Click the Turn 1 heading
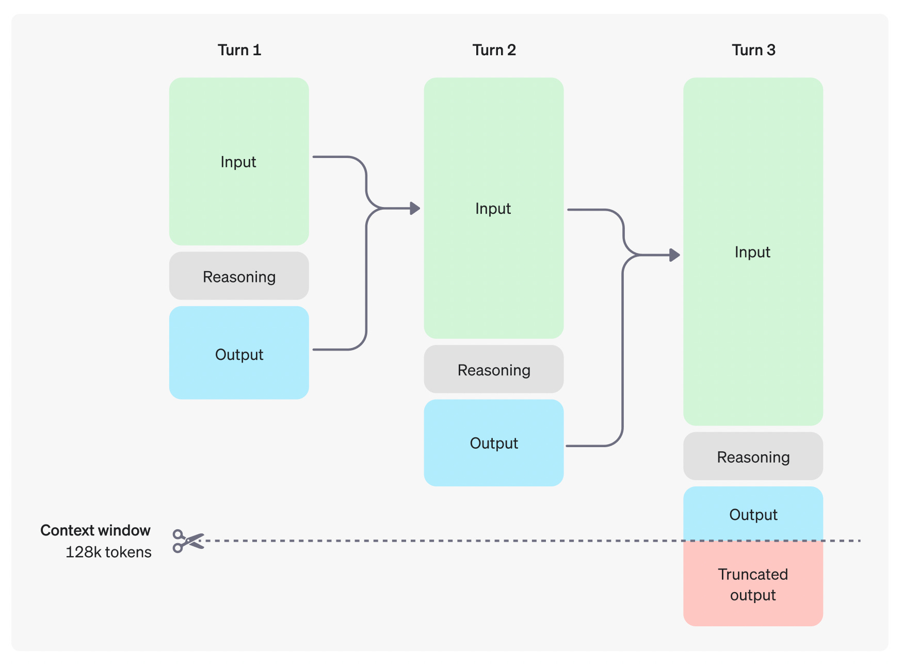[239, 50]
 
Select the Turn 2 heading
[494, 50]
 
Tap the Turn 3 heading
[753, 50]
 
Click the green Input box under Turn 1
[239, 161]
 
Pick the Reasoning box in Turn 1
[239, 276]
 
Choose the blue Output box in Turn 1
[239, 353]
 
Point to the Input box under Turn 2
[494, 208]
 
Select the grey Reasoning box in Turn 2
[494, 369]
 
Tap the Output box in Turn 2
[494, 442]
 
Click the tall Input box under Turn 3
[753, 251]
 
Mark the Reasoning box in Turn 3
[753, 456]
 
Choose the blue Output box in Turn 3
[753, 514]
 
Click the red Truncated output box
[753, 583]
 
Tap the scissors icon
[188, 541]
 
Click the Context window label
[95, 530]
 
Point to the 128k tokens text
[108, 552]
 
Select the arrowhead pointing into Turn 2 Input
[415, 209]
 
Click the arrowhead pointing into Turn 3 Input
[674, 255]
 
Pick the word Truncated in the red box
[753, 574]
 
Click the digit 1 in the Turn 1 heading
[257, 50]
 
